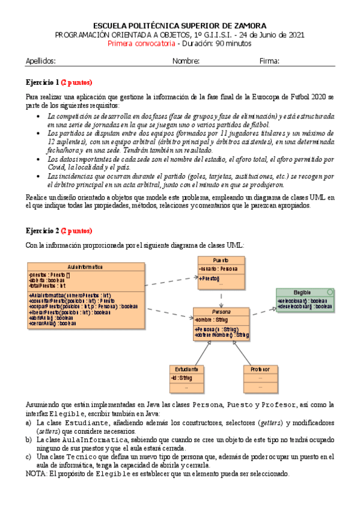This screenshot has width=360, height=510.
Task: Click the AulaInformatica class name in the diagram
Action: tap(85, 266)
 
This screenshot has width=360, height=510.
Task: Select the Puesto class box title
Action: tap(221, 260)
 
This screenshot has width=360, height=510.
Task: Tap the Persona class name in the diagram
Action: tap(221, 312)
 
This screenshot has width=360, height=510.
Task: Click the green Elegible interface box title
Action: tap(302, 292)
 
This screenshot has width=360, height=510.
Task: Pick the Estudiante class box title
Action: tap(187, 369)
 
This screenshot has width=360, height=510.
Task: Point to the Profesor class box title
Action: tap(260, 369)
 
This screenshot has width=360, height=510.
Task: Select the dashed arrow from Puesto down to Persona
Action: tap(221, 299)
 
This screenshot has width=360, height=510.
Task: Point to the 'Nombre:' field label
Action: tap(186, 61)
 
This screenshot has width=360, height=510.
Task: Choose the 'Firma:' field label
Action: tap(269, 61)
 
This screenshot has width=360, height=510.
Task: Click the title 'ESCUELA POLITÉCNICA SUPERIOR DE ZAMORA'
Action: tap(180, 25)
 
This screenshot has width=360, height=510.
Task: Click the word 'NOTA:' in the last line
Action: tap(37, 473)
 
